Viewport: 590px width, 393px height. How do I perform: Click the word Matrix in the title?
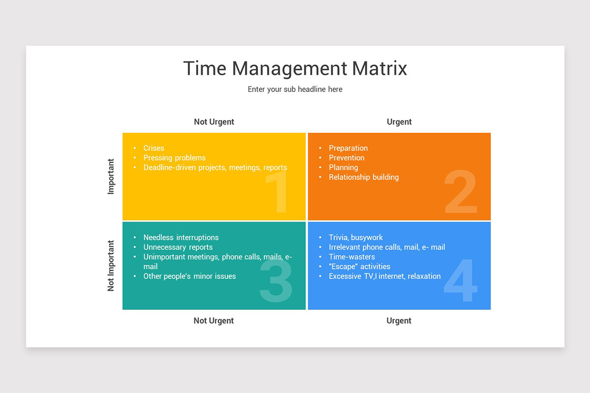pos(380,68)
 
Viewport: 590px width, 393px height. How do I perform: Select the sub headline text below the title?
pos(295,89)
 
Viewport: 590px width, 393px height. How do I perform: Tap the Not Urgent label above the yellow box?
pos(214,122)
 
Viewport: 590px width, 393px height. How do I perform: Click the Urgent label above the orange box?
pos(399,122)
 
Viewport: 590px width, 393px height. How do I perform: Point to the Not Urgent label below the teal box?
pos(213,321)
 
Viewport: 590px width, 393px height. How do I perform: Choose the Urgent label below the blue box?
pos(399,321)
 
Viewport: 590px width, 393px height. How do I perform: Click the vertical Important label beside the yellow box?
pos(111,176)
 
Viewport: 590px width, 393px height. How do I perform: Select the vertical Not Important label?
pos(111,266)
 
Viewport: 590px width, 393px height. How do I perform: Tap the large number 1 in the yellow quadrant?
pos(278,192)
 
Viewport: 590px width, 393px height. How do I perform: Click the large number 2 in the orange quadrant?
pos(461,192)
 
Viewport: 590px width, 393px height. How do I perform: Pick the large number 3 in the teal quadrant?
pos(276,281)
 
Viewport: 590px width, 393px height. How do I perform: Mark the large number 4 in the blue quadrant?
pos(461,281)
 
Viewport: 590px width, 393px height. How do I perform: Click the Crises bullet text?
pos(154,148)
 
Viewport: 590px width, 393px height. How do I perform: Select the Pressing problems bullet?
pos(175,158)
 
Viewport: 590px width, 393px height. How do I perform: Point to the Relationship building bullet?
pos(364,177)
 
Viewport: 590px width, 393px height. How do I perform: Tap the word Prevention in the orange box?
pos(347,158)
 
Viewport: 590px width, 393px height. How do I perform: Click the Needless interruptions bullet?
pos(181,237)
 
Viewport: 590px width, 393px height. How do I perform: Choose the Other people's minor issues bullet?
pos(189,276)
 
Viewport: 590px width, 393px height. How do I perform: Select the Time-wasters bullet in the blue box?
pos(352,256)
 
